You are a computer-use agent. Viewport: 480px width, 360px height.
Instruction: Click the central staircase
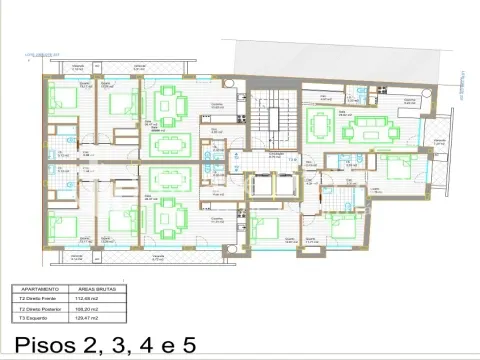coord(263,116)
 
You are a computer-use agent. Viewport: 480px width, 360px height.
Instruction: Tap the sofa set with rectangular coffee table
coord(378,126)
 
